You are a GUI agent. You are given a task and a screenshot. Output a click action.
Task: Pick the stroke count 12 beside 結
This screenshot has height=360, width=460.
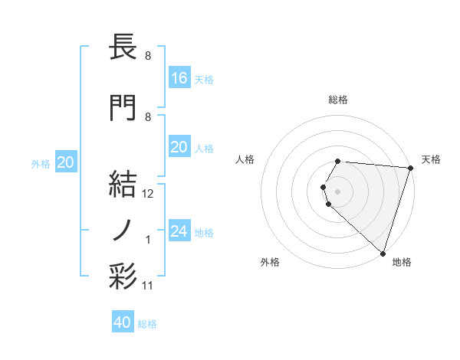click(x=148, y=194)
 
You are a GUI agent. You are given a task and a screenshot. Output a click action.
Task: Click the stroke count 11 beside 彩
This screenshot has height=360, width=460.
click(x=148, y=286)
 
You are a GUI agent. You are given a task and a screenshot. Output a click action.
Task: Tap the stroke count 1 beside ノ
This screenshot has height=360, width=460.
click(x=148, y=240)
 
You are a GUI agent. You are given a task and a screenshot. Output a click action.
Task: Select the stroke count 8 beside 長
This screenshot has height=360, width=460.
click(x=147, y=56)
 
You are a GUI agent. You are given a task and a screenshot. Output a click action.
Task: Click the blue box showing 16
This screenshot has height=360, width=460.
click(x=179, y=77)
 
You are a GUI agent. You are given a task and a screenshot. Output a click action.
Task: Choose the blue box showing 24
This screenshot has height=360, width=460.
click(x=179, y=231)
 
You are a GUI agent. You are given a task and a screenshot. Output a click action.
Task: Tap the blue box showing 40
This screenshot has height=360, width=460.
click(x=123, y=322)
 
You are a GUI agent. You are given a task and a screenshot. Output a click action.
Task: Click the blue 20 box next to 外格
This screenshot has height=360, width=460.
click(x=66, y=162)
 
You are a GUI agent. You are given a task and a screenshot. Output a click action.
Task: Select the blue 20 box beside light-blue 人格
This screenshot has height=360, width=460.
click(x=179, y=147)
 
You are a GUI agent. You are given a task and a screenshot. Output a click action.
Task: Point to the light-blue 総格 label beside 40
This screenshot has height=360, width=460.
click(x=147, y=324)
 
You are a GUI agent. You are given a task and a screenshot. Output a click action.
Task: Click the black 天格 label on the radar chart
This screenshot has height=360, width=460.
click(x=431, y=159)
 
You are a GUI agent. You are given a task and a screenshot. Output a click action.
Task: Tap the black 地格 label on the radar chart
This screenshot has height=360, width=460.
click(x=402, y=262)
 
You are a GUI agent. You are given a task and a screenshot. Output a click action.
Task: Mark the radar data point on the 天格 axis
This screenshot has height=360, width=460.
click(x=410, y=168)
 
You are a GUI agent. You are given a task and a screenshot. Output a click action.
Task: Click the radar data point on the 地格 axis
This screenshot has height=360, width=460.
click(x=383, y=253)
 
